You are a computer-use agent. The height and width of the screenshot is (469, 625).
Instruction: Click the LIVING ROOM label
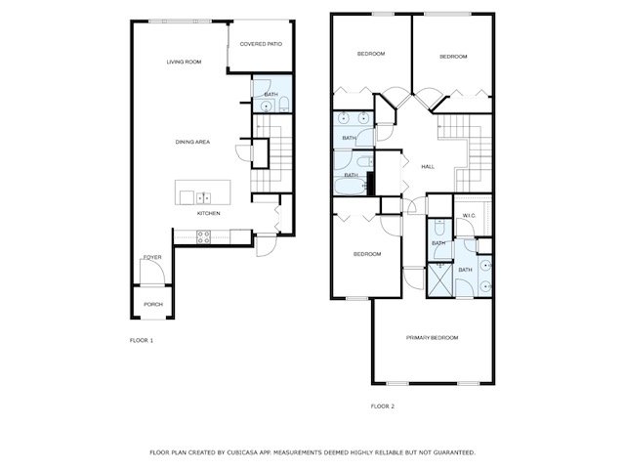(x=184, y=62)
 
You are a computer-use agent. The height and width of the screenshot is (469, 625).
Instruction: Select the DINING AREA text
(x=192, y=143)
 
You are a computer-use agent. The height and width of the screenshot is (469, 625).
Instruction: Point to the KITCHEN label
(x=209, y=213)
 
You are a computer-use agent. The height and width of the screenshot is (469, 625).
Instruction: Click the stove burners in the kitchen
(x=203, y=234)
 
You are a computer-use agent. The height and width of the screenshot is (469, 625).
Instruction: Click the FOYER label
(x=152, y=257)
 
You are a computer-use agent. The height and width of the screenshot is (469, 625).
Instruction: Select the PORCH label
(x=153, y=304)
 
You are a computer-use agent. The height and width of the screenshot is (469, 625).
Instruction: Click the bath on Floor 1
(x=271, y=95)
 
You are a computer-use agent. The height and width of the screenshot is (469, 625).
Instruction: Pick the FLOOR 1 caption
(x=142, y=340)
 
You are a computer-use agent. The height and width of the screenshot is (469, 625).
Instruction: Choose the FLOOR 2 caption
(x=383, y=405)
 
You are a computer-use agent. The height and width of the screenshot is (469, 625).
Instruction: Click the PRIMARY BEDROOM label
(x=432, y=337)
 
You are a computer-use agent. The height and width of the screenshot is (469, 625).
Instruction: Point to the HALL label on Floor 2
(x=427, y=167)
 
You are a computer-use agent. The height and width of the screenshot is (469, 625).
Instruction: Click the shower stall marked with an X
(x=440, y=282)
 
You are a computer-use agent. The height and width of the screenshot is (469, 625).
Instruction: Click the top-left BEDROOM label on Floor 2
(x=370, y=54)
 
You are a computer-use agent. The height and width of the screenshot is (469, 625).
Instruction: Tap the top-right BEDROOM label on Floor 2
(x=452, y=57)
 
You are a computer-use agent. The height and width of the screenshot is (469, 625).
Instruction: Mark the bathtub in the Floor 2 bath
(x=349, y=185)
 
